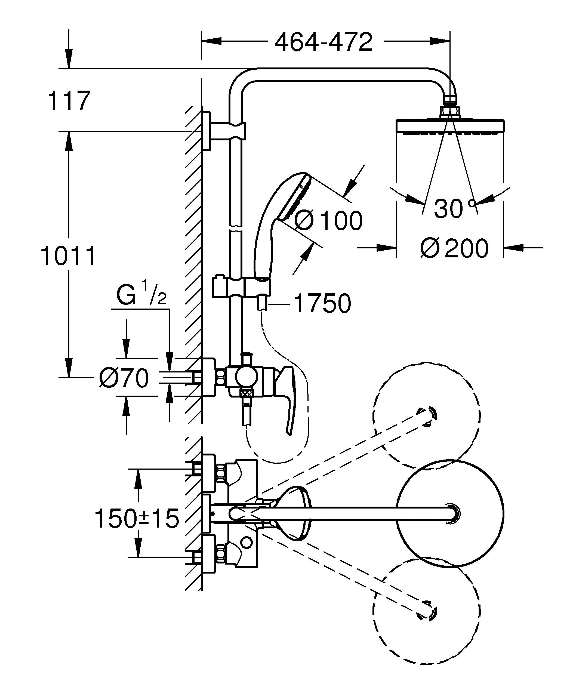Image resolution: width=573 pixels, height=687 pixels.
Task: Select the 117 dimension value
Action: [69, 101]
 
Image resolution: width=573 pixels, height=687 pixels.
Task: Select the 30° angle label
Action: [454, 208]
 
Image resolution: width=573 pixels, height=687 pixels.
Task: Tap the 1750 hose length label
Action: [322, 304]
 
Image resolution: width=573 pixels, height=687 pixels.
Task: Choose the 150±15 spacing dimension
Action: [137, 519]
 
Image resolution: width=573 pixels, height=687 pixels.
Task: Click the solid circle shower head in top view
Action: [450, 514]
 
